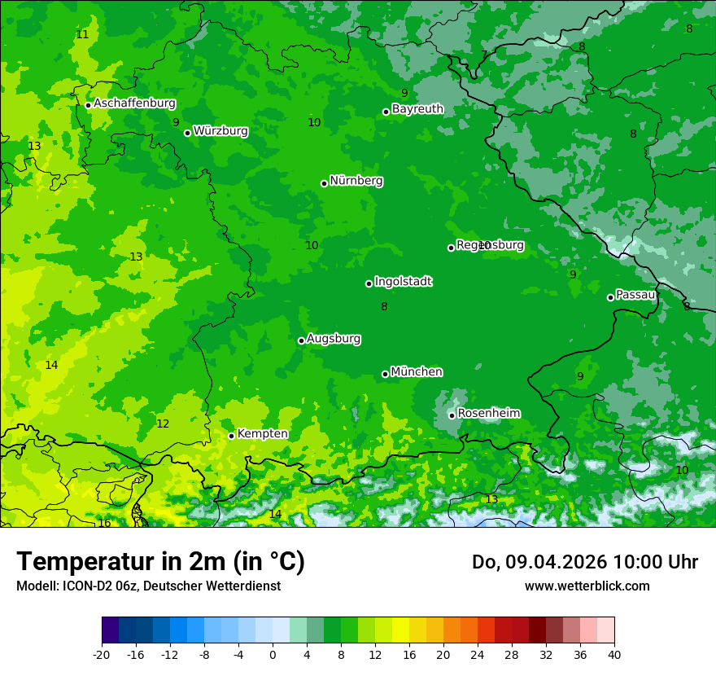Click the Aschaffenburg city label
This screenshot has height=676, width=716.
click(x=134, y=103)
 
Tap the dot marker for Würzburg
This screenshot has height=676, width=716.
click(x=187, y=133)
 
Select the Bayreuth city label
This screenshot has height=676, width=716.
click(x=417, y=109)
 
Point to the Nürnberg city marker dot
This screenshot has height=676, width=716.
click(x=324, y=183)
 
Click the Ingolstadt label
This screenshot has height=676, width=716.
click(x=403, y=282)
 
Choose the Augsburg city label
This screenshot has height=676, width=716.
click(x=334, y=339)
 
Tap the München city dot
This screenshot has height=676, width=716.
click(x=385, y=374)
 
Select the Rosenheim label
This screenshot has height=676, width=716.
click(x=488, y=414)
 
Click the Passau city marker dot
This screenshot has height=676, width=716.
click(x=610, y=297)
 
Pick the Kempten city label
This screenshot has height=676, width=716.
click(x=262, y=434)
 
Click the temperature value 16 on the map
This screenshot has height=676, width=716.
click(x=104, y=523)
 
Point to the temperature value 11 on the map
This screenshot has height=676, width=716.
click(x=82, y=34)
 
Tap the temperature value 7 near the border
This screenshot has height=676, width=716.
click(x=484, y=55)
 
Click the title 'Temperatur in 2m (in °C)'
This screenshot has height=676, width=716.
click(x=160, y=562)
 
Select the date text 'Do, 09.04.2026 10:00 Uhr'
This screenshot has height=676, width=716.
click(x=584, y=562)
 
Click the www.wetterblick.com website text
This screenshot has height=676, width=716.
click(x=587, y=586)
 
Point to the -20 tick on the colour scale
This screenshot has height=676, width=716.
click(x=102, y=654)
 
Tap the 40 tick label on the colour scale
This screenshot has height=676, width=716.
click(x=614, y=654)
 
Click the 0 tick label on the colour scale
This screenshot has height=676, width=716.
click(x=273, y=654)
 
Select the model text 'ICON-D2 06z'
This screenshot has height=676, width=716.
click(x=103, y=586)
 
